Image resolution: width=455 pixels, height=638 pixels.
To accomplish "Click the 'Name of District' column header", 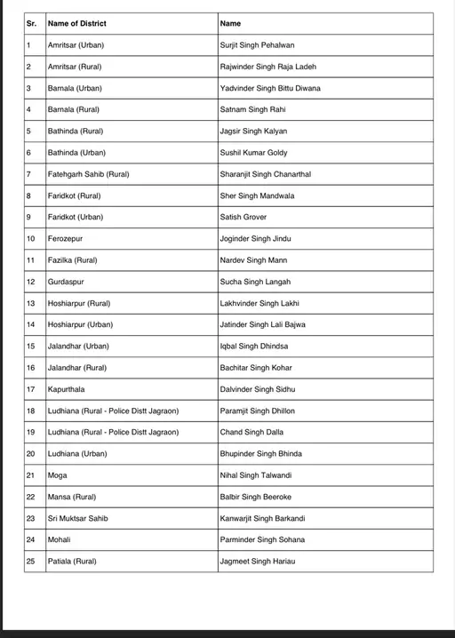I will click(x=76, y=24).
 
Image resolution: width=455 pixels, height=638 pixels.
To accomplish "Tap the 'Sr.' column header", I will click(x=31, y=24).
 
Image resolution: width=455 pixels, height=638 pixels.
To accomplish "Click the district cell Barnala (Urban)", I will click(x=75, y=88).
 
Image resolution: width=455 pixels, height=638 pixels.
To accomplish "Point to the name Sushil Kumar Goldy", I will click(x=254, y=153).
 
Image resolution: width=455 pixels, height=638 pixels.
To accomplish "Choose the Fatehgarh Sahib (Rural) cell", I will click(x=88, y=174).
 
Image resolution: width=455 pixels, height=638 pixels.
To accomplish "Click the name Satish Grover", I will click(x=243, y=217).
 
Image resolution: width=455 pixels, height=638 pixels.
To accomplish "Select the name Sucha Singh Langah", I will click(x=255, y=282).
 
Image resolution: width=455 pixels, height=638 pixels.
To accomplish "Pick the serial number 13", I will click(x=31, y=303).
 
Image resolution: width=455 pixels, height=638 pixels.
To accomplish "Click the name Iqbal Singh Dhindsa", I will click(x=253, y=347).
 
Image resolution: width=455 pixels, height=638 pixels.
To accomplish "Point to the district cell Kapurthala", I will click(x=68, y=389).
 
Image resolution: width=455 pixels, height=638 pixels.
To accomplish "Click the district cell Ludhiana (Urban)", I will click(x=76, y=454).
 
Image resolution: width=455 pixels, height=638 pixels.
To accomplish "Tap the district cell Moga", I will click(x=57, y=475).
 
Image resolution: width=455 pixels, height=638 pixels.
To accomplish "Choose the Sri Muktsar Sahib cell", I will click(x=78, y=518).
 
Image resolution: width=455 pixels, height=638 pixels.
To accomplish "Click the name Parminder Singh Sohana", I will click(x=262, y=540).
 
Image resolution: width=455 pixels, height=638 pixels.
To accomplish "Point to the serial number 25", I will click(x=31, y=562).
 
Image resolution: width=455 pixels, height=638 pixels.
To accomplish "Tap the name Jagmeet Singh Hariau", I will click(x=259, y=562).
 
